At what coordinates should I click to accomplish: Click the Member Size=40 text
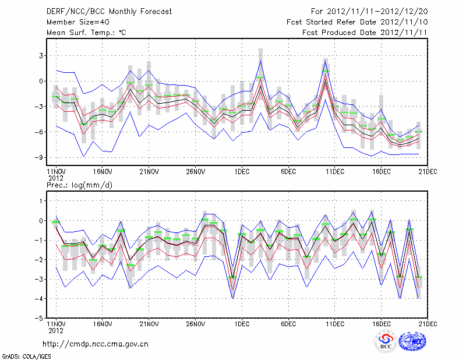pyautogui.click(x=74, y=22)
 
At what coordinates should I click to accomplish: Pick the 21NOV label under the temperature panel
pyautogui.click(x=149, y=172)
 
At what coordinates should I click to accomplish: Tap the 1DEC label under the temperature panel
pyautogui.click(x=242, y=172)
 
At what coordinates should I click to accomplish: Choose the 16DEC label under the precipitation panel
pyautogui.click(x=382, y=323)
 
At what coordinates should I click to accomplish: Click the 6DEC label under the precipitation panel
pyautogui.click(x=288, y=323)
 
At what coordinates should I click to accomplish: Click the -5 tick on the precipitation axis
pyautogui.click(x=40, y=318)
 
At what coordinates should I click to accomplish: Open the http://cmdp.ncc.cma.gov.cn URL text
pyautogui.click(x=96, y=344)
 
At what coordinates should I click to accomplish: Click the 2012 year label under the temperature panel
pyautogui.click(x=55, y=178)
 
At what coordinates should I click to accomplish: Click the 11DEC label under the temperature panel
pyautogui.click(x=335, y=172)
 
